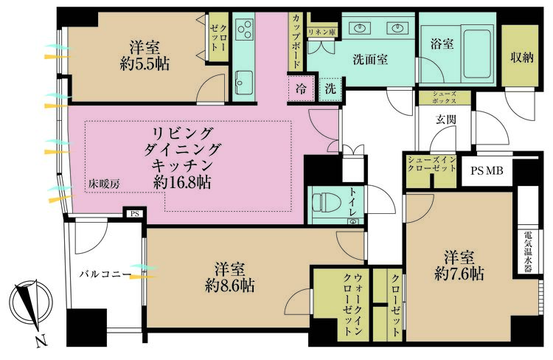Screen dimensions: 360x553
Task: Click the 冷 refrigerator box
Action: pyautogui.click(x=302, y=88)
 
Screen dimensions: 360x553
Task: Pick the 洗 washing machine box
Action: pyautogui.click(x=330, y=88)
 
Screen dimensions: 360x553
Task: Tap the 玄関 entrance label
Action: pyautogui.click(x=445, y=118)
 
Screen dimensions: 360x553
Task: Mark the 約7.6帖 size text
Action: pyautogui.click(x=459, y=274)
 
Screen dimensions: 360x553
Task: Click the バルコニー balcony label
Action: pyautogui.click(x=105, y=274)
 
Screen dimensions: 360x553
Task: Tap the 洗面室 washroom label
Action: pyautogui.click(x=369, y=60)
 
